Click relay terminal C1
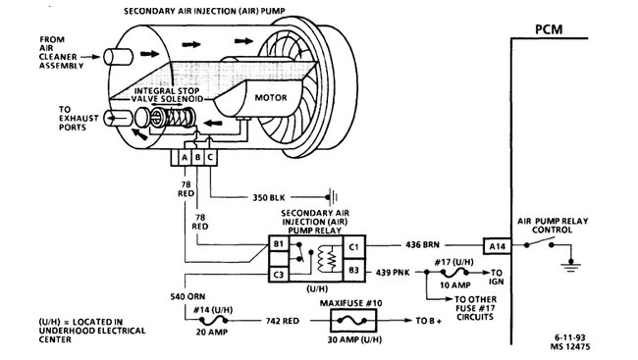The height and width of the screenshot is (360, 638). [354, 244]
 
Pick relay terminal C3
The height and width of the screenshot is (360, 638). [278, 274]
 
